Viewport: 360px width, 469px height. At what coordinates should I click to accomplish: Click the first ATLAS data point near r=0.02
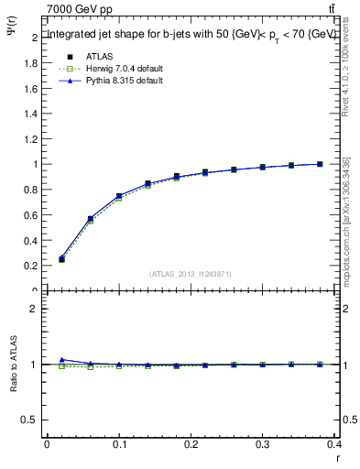tap(61, 259)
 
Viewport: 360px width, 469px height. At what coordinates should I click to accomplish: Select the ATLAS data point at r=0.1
tap(119, 196)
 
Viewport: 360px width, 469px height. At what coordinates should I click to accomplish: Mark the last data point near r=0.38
tap(320, 164)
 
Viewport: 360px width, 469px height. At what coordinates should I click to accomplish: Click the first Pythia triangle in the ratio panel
tap(61, 360)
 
